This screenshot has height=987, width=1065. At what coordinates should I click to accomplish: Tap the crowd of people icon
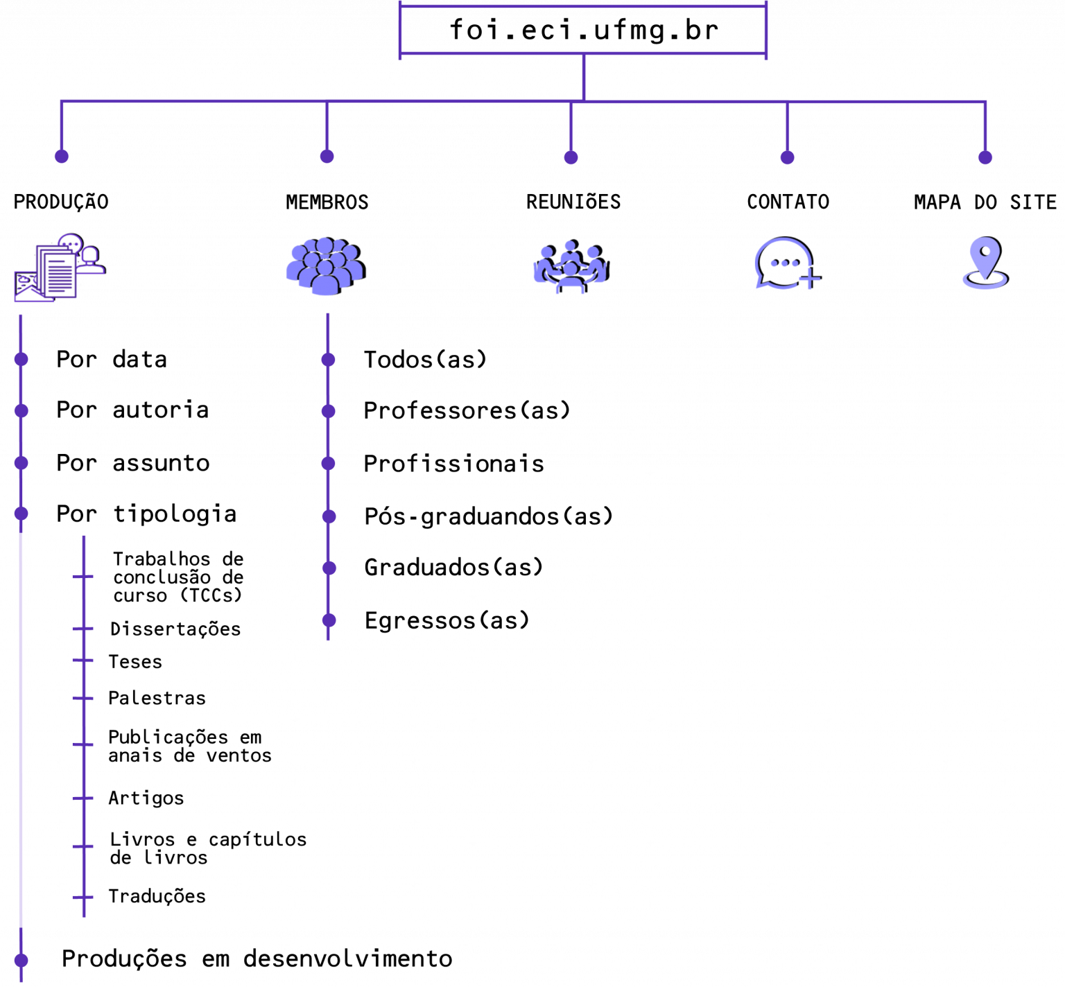click(325, 266)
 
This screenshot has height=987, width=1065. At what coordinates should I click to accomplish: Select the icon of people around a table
click(571, 266)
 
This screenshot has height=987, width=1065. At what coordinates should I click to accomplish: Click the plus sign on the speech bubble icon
click(809, 280)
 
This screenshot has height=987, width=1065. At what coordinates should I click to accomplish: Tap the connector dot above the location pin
click(985, 157)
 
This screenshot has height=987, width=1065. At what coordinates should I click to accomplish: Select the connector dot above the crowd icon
click(327, 157)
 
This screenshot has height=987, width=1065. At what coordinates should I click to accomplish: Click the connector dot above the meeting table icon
click(571, 157)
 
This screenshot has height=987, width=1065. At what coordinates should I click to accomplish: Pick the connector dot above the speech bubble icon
click(787, 157)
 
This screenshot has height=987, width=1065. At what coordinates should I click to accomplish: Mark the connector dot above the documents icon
click(62, 157)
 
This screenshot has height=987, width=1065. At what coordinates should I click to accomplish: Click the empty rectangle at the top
click(583, 30)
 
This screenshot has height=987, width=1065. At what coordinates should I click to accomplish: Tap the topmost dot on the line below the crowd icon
click(328, 360)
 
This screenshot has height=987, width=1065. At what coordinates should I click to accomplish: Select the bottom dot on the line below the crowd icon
click(329, 620)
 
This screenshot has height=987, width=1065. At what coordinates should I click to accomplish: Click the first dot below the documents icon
click(21, 359)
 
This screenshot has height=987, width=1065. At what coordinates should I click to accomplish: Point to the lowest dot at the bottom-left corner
click(21, 961)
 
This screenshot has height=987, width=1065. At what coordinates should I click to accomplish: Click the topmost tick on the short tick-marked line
click(83, 577)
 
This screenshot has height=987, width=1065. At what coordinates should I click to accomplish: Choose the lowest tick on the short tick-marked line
click(83, 898)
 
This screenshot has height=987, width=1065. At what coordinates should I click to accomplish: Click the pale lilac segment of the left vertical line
click(21, 728)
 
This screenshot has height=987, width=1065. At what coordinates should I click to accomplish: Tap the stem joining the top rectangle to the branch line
click(584, 77)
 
